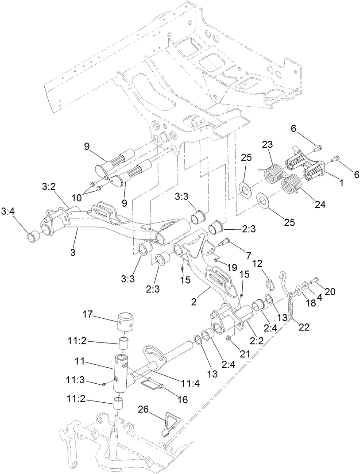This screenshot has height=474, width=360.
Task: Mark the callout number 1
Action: (x=341, y=181)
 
